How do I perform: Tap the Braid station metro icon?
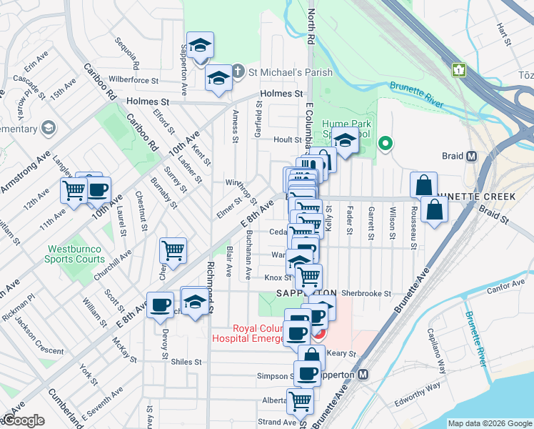coord(471,157)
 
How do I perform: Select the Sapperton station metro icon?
coord(363,375)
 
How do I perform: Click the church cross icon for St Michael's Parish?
coord(237,72)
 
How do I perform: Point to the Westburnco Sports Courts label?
coord(74,255)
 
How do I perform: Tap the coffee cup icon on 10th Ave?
coord(99,191)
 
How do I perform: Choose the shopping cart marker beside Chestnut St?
coord(173,251)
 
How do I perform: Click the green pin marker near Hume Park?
coord(386,144)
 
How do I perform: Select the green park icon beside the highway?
coord(458,70)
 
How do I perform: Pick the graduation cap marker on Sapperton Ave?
coord(200,45)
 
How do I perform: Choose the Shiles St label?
coord(186,362)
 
